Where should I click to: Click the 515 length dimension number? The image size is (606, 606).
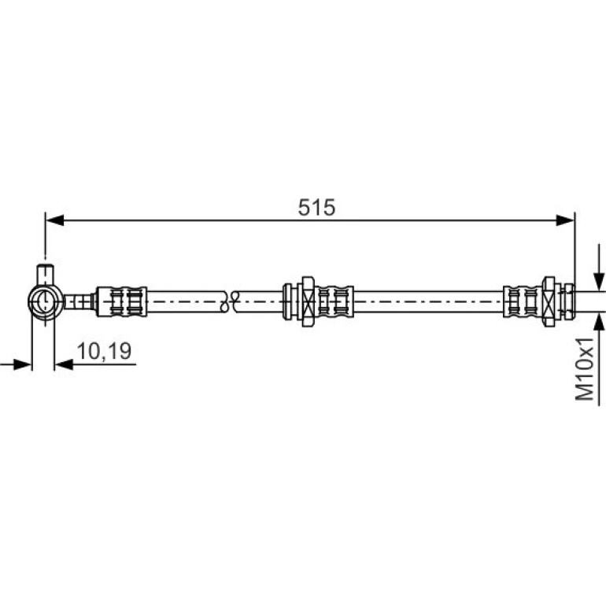point(316,208)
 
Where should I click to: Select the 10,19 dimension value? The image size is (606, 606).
point(105,351)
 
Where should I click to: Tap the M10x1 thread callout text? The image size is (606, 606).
point(584,368)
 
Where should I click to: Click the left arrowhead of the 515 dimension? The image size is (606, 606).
point(54,220)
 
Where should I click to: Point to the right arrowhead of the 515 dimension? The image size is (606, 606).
point(565,220)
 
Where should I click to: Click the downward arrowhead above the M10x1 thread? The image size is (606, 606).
point(599,282)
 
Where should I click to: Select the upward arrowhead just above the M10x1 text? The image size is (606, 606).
point(599,323)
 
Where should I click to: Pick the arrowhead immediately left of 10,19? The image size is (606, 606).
point(64,364)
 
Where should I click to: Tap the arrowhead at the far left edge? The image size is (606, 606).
point(22,364)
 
